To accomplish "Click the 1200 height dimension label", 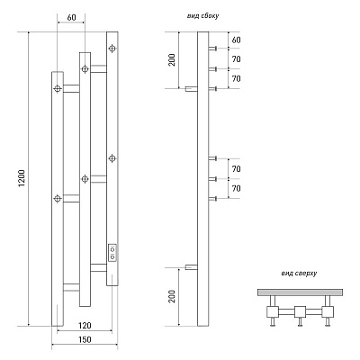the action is [22, 179].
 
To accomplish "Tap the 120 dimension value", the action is [85, 325].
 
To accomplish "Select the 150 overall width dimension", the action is [85, 339].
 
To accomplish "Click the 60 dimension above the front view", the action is [71, 18].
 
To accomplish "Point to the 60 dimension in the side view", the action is [237, 40].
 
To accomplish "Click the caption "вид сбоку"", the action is [202, 16].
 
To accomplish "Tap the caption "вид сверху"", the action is [299, 274].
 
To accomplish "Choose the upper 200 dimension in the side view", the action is [172, 60].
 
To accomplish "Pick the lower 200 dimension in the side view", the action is [172, 296].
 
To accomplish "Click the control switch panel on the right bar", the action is [112, 253].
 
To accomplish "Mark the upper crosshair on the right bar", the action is [112, 49].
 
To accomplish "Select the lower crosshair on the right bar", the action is [112, 158].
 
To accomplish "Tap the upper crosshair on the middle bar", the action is [85, 69].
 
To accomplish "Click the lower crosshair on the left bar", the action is [58, 198].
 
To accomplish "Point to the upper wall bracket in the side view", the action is [192, 89].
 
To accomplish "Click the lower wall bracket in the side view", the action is [192, 267].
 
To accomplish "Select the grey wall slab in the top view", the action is [300, 292].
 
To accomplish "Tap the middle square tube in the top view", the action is [300, 312].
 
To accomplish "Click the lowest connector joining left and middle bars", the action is [71, 287].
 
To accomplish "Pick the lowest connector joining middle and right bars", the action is [98, 267].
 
